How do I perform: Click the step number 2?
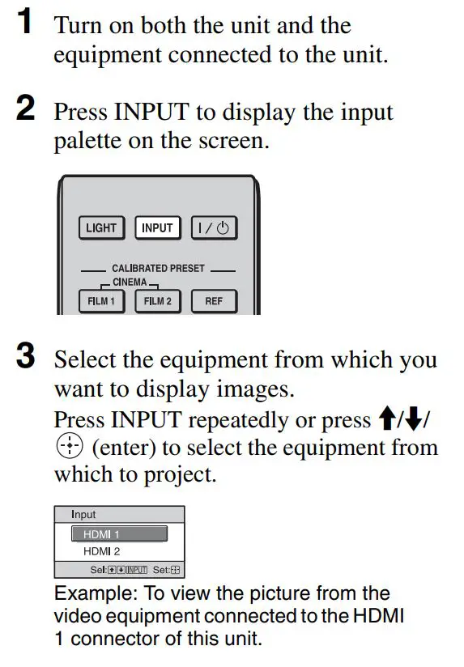26,110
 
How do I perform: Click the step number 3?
26,358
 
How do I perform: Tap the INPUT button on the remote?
157,228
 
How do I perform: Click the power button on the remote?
214,228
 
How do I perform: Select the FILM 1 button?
101,301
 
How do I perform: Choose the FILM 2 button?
158,301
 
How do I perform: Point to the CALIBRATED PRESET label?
158,268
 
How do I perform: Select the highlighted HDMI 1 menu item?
119,534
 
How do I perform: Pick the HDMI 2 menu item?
97,551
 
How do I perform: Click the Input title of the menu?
83,515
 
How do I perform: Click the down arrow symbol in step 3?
415,420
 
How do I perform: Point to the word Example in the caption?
87,594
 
